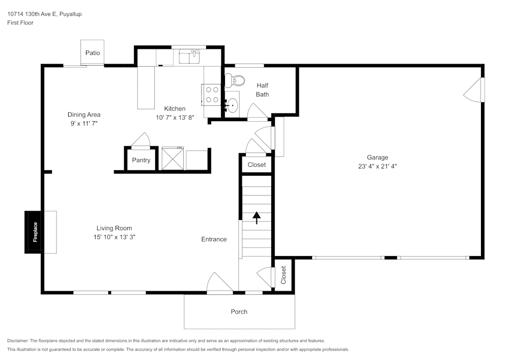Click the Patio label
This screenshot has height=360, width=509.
click(93, 53)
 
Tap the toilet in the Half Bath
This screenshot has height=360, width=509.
click(235, 80)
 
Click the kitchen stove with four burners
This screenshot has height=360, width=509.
click(211, 95)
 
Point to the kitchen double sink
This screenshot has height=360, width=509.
click(189, 57)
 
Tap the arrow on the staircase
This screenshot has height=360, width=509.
click(257, 218)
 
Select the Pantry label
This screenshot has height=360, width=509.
click(141, 160)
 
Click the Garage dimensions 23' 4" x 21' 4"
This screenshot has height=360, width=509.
click(378, 166)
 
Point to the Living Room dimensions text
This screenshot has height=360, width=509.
click(114, 237)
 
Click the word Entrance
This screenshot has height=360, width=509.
click(214, 239)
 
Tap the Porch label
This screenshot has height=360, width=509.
click(239, 312)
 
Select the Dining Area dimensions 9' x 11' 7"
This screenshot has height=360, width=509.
click(84, 123)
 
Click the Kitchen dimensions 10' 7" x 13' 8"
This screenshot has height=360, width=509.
click(175, 118)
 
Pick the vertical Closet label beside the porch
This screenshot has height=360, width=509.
click(284, 275)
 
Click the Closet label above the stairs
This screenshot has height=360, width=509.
click(257, 164)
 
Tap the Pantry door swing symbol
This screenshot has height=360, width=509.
click(141, 140)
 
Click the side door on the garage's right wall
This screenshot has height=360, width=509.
click(474, 90)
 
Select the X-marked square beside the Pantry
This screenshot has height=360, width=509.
click(173, 158)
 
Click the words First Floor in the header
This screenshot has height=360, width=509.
click(20, 23)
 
